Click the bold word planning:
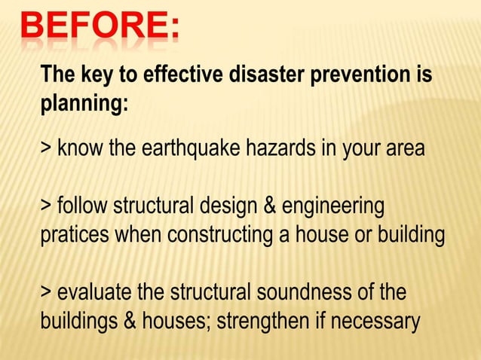point(83,104)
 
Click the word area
point(403,149)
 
